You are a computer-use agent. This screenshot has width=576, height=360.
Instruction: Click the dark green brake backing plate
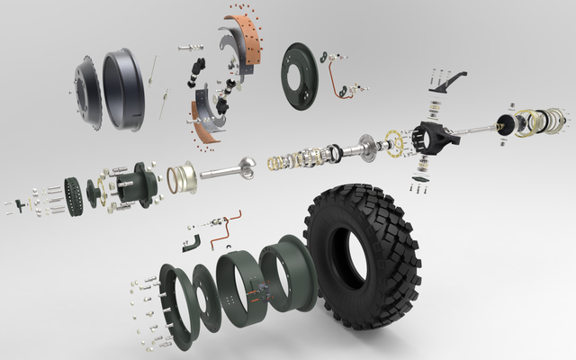300,76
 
